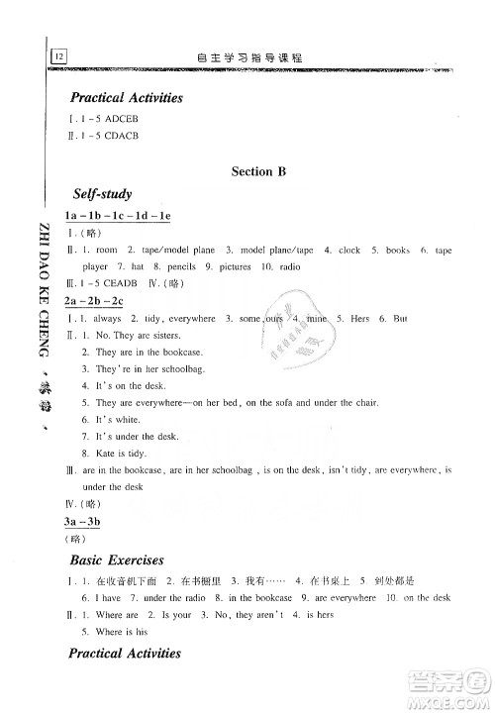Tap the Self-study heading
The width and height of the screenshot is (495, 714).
pos(102,194)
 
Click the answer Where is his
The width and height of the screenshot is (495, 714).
pos(123,631)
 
